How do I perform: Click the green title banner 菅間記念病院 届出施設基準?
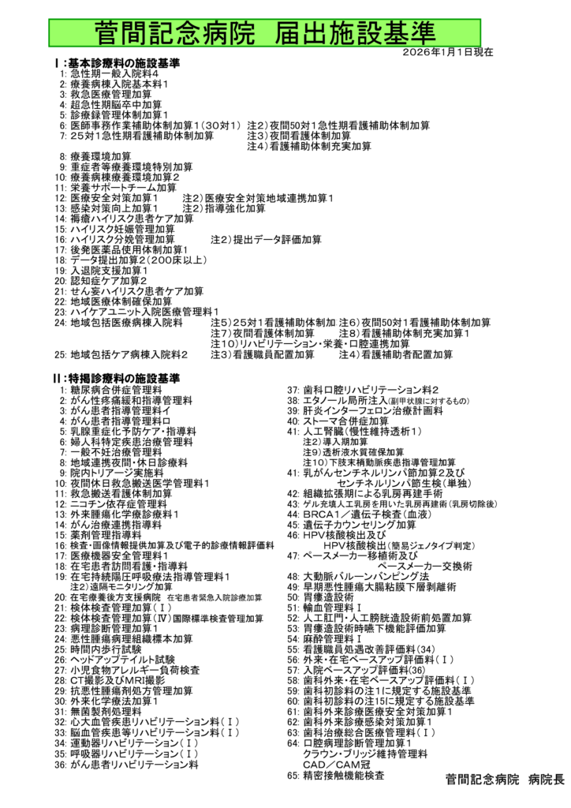pyautogui.click(x=285, y=32)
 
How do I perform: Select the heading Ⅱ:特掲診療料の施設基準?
pyautogui.click(x=116, y=380)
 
